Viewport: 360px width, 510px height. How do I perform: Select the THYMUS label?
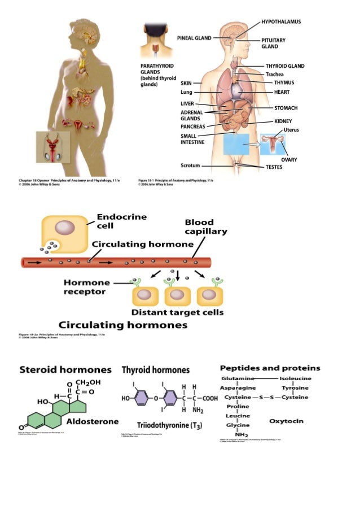pyautogui.click(x=284, y=82)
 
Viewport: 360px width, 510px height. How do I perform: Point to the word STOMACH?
pyautogui.click(x=286, y=107)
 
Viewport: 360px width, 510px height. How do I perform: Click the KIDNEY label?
pyautogui.click(x=283, y=121)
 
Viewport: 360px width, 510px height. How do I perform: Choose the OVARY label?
pyautogui.click(x=289, y=160)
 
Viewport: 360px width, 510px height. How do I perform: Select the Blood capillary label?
pyautogui.click(x=206, y=227)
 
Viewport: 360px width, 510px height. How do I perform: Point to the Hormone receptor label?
pyautogui.click(x=84, y=287)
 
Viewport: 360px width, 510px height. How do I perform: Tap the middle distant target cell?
pyautogui.click(x=178, y=294)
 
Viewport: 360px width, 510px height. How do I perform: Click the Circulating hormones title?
pyautogui.click(x=123, y=325)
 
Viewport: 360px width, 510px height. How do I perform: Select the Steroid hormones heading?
pyautogui.click(x=65, y=370)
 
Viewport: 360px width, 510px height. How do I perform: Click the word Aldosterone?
pyautogui.click(x=93, y=421)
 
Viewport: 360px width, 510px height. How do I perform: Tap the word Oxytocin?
pyautogui.click(x=287, y=421)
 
